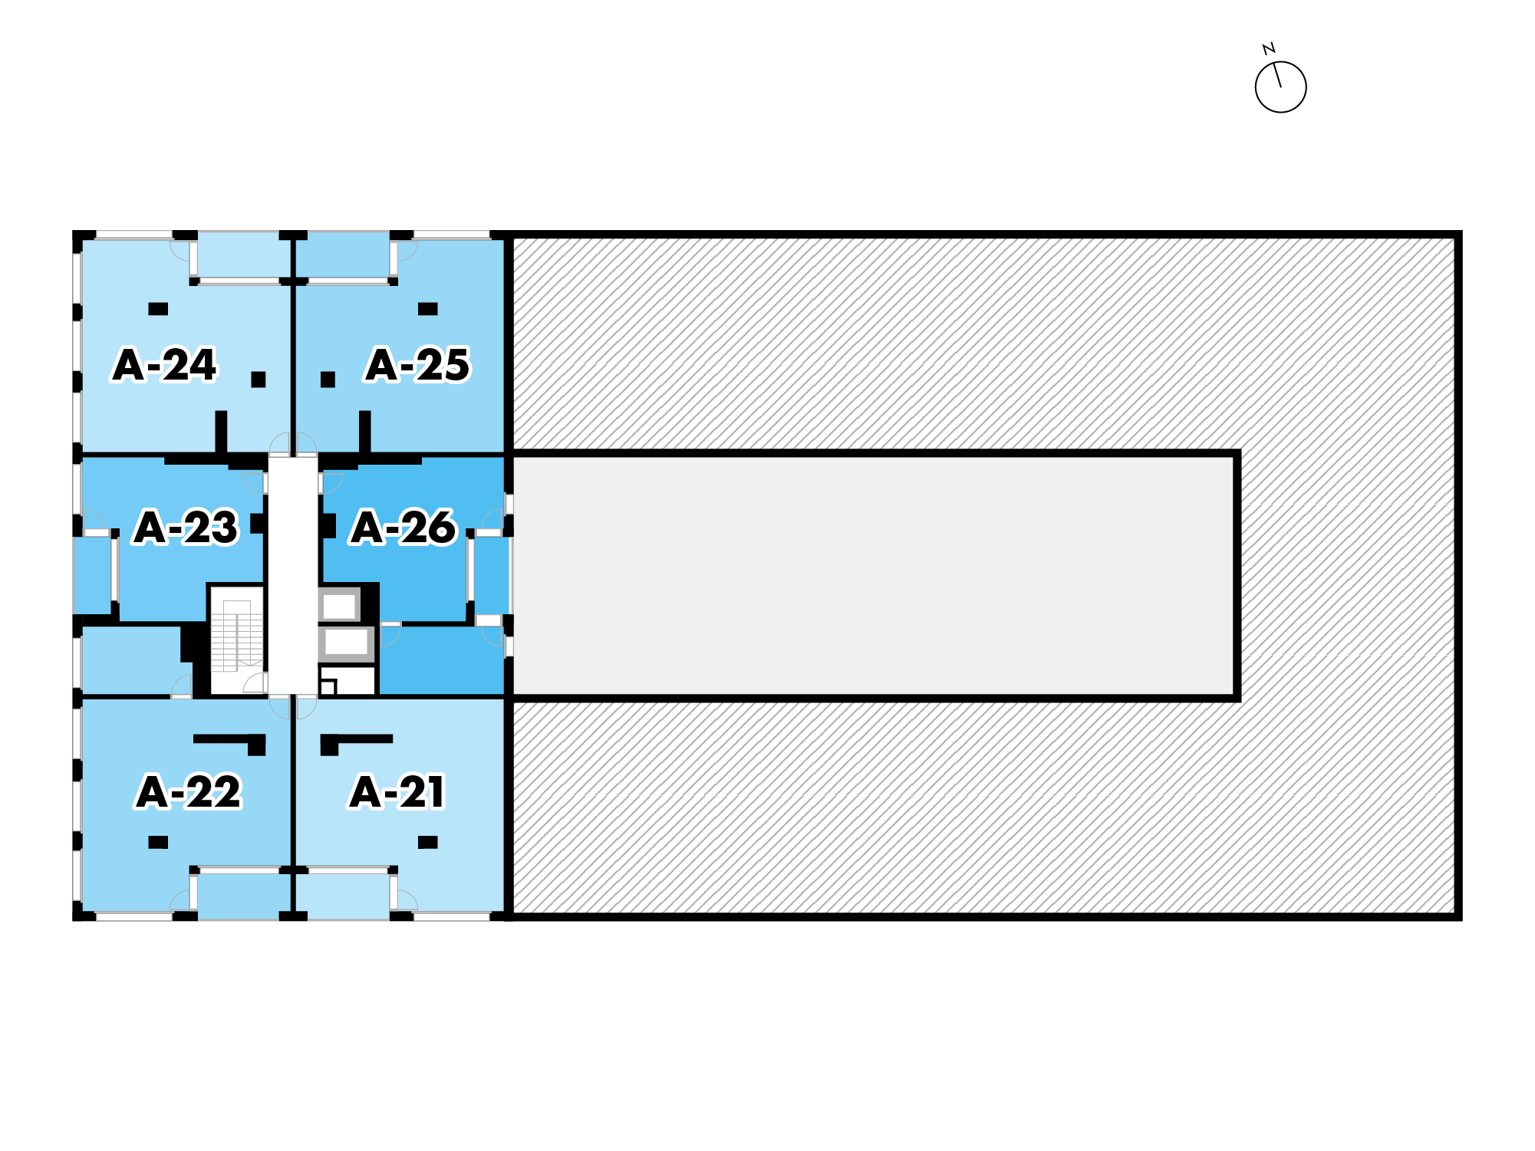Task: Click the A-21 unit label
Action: tap(397, 792)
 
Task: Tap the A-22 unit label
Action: tap(189, 792)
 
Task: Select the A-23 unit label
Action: tap(186, 528)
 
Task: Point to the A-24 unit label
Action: tap(165, 365)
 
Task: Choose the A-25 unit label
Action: tap(418, 365)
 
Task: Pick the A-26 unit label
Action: tap(404, 528)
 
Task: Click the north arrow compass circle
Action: tap(1280, 87)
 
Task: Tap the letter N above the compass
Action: tap(1269, 49)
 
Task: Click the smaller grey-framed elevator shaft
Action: tap(339, 606)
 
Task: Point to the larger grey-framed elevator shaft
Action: tap(346, 643)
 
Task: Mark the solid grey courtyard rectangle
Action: tap(875, 576)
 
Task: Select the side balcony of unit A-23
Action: tap(93, 569)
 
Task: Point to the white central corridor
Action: tap(292, 575)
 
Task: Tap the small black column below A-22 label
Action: tap(158, 842)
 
